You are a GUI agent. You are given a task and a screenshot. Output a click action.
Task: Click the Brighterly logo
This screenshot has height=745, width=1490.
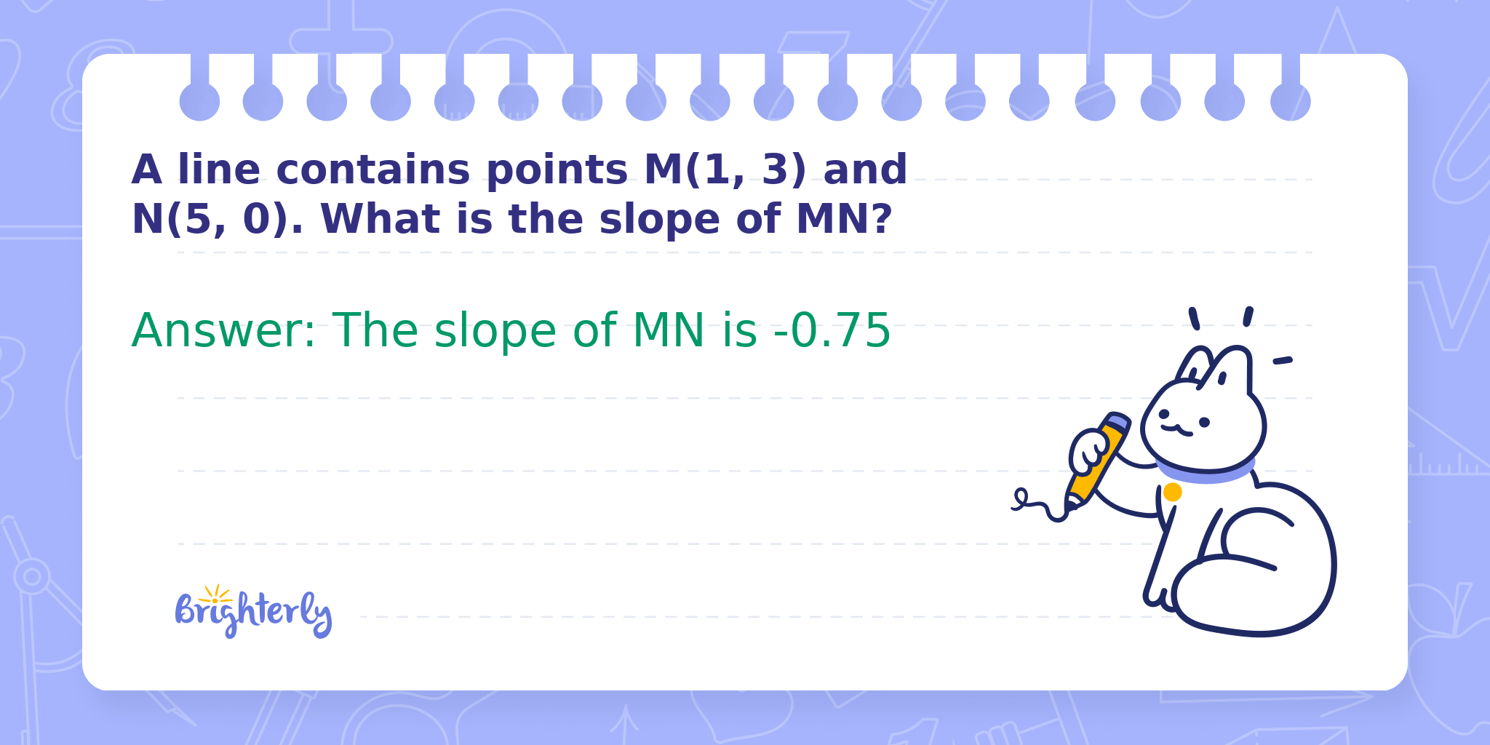[253, 612]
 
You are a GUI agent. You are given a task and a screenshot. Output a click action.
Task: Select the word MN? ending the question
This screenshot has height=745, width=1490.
[844, 219]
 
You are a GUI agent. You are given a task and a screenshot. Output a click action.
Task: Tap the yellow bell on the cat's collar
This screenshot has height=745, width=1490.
[1172, 493]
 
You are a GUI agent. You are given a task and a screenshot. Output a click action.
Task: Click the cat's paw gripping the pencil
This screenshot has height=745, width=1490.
[1088, 451]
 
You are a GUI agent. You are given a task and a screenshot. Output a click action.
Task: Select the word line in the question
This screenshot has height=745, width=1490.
[219, 170]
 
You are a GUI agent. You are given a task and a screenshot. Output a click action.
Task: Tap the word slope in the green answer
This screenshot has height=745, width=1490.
[495, 332]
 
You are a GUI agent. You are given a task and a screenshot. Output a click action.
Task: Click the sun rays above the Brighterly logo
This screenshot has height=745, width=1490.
[216, 593]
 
